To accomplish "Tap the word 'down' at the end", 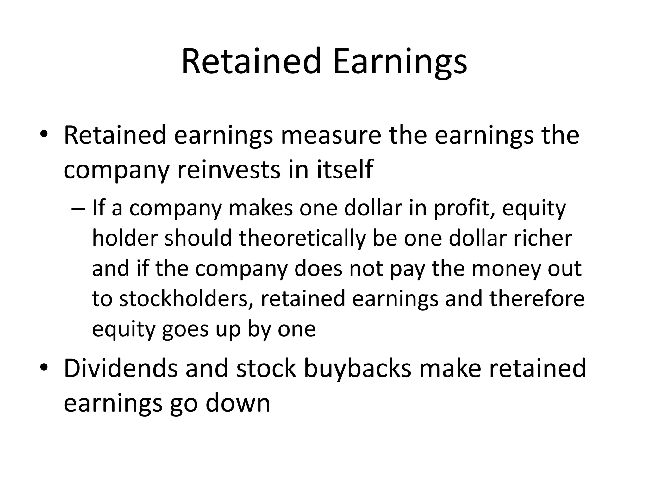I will point(238,403).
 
